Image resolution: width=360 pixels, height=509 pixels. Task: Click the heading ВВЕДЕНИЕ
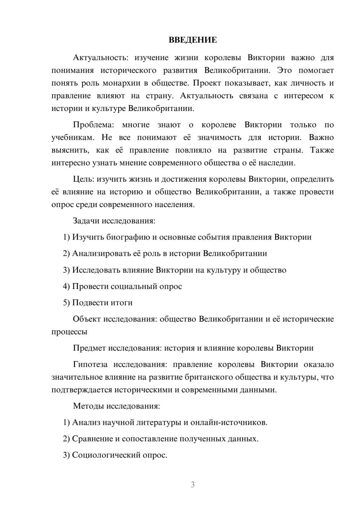[x=193, y=40]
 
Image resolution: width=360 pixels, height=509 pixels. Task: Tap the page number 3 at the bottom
[x=193, y=485]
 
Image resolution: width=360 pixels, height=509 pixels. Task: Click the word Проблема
[x=93, y=125]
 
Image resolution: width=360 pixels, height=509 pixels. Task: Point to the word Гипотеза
[x=90, y=364]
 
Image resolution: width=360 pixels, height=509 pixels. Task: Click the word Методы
[x=89, y=406]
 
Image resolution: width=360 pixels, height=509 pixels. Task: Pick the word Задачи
[x=86, y=221]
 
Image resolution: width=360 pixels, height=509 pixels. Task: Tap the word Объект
[x=87, y=319]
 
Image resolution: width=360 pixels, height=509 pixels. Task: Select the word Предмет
[x=89, y=348]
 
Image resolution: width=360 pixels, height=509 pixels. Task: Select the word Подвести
[x=88, y=303]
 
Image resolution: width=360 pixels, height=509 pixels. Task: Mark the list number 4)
[x=66, y=287]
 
